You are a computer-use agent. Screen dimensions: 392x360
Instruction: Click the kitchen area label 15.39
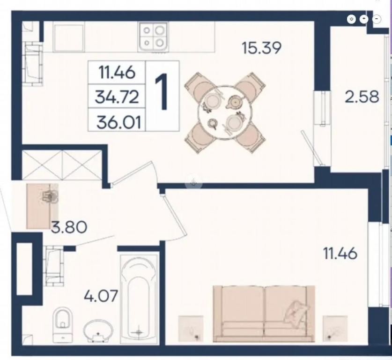click(x=261, y=48)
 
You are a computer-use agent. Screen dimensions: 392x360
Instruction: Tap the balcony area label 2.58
click(x=362, y=97)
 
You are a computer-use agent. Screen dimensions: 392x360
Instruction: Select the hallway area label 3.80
click(x=69, y=227)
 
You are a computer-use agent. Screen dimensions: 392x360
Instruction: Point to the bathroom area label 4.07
click(x=101, y=296)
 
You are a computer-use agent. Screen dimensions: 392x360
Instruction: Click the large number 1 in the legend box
click(x=162, y=93)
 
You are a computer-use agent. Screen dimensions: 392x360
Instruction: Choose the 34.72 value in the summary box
click(x=117, y=97)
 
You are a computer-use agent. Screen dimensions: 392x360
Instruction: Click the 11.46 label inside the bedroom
click(x=340, y=253)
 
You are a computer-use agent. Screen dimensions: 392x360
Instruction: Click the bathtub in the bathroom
click(x=139, y=299)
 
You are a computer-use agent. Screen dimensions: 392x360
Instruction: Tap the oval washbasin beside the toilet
click(x=98, y=330)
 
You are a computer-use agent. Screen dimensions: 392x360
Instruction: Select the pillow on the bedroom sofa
click(x=296, y=313)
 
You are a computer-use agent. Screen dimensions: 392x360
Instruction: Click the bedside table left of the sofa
click(x=190, y=329)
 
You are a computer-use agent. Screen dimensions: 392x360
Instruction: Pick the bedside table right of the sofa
click(x=335, y=329)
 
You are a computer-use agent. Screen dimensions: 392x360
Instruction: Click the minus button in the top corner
click(x=377, y=19)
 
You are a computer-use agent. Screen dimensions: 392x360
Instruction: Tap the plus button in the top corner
click(x=364, y=19)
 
